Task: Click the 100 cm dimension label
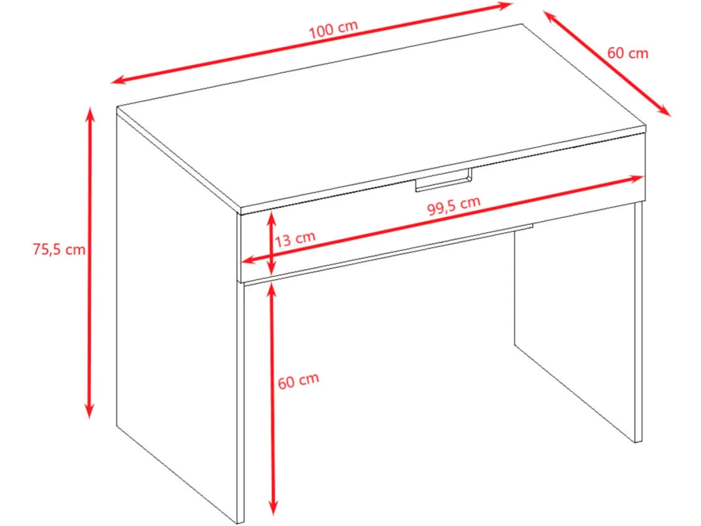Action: (x=333, y=29)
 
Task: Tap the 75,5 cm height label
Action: (x=59, y=250)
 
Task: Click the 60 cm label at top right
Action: (x=628, y=53)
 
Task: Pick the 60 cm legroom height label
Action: (x=298, y=381)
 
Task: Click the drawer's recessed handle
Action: (x=444, y=181)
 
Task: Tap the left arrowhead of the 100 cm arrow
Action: (x=118, y=80)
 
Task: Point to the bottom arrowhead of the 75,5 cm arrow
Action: (x=90, y=411)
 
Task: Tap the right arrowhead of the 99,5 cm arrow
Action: (x=635, y=178)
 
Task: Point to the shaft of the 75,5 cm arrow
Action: (x=90, y=262)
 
